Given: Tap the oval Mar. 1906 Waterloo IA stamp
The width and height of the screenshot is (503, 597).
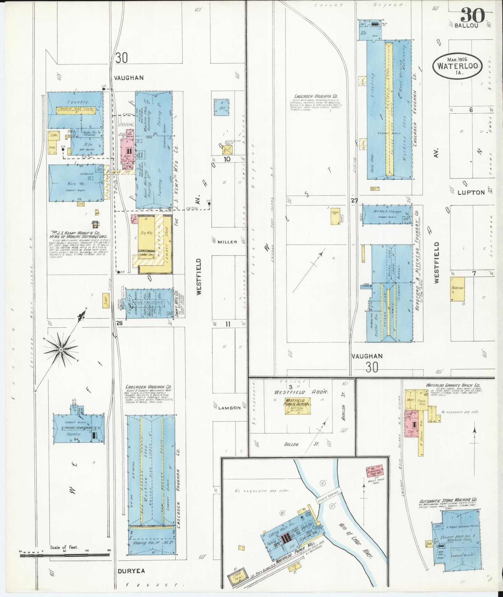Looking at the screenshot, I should (457, 65).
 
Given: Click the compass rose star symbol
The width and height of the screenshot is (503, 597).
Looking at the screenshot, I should (61, 349).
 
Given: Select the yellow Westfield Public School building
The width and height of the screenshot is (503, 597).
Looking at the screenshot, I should (297, 405).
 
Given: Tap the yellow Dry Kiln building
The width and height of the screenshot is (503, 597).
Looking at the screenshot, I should (147, 233).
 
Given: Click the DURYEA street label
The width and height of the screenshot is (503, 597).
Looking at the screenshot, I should (131, 571).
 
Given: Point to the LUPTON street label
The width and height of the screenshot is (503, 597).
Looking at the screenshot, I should (471, 192).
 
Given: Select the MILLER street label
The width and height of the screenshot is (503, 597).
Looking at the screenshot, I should (228, 241).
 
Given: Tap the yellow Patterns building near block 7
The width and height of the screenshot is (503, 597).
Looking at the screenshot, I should (458, 289).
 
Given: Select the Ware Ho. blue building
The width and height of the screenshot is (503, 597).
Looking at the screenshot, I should (76, 184).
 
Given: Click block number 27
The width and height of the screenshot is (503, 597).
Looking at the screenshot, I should (354, 200).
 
